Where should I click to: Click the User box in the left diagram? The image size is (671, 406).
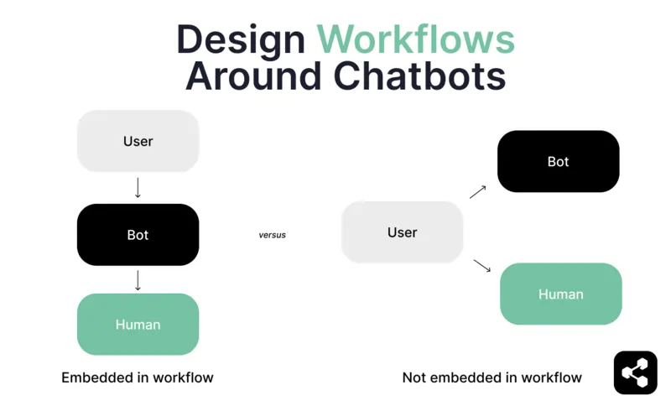[x=138, y=141]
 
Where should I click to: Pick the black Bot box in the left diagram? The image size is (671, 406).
[x=138, y=235]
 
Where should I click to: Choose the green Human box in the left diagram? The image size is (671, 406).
[x=138, y=325]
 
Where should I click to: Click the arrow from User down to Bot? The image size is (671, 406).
[x=138, y=188]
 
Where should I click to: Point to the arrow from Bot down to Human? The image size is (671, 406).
[x=138, y=280]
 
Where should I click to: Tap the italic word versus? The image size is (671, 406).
[x=272, y=235]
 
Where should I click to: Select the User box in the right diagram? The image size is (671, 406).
[x=402, y=232]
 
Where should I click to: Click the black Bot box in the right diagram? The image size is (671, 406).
[x=558, y=161]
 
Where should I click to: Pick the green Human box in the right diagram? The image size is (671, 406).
[x=560, y=294]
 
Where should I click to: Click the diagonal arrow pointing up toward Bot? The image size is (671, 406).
[x=478, y=192]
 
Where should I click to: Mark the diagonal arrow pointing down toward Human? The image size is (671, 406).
[x=481, y=266]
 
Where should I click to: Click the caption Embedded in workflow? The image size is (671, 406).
[x=138, y=377]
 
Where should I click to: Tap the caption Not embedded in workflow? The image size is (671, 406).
[x=492, y=377]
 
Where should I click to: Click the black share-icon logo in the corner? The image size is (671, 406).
[x=635, y=372]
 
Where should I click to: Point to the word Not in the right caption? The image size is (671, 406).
[x=415, y=377]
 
